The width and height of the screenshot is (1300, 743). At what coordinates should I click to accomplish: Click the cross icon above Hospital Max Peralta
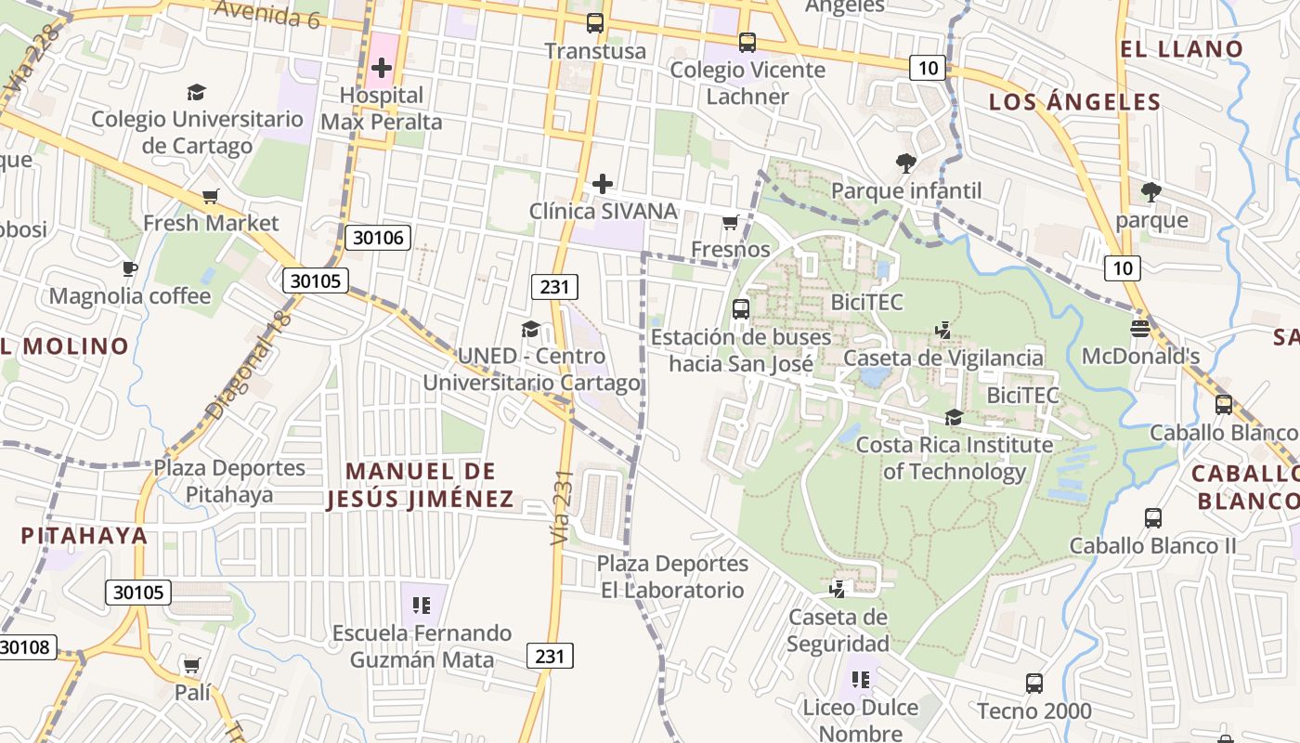[x=381, y=68]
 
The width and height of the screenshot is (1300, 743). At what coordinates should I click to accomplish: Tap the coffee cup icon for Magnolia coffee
[x=130, y=269]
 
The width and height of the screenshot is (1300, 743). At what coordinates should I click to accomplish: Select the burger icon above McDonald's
[x=1140, y=328]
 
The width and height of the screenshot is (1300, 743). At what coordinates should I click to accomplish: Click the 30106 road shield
[x=380, y=238]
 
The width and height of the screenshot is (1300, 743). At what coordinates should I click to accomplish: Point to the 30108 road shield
[x=26, y=647]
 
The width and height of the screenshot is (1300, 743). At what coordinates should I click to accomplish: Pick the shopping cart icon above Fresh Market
[x=211, y=196]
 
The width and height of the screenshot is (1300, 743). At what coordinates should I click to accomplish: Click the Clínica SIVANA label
[x=603, y=211]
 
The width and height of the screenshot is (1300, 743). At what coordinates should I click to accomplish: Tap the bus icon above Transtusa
[x=595, y=23]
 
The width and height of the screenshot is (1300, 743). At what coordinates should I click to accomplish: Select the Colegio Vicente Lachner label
[x=747, y=83]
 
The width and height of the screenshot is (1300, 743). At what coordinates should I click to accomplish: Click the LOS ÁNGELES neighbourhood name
[x=1074, y=102]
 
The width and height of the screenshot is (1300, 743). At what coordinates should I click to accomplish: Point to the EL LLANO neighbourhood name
[x=1181, y=49]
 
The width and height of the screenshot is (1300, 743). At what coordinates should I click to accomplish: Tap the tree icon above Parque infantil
[x=905, y=164]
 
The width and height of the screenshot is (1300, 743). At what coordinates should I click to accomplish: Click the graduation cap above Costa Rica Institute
[x=954, y=417]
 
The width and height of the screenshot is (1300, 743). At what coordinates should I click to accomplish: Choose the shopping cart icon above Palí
[x=192, y=665]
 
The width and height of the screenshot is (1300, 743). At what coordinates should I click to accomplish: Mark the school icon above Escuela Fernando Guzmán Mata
[x=422, y=606]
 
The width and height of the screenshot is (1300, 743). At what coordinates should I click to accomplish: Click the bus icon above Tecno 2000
[x=1034, y=684]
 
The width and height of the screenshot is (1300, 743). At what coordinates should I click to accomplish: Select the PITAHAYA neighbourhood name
[x=84, y=535]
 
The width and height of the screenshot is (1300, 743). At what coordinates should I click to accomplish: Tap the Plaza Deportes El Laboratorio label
[x=671, y=577]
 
